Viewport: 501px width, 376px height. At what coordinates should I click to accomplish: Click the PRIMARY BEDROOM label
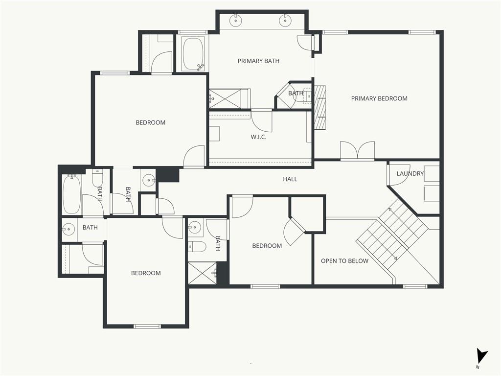(x=379, y=98)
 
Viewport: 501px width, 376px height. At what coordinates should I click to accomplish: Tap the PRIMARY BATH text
(x=258, y=61)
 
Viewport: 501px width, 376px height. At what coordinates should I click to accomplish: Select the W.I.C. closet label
(x=258, y=137)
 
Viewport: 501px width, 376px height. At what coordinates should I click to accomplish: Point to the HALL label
(x=290, y=179)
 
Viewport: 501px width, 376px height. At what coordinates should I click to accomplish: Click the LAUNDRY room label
(x=410, y=174)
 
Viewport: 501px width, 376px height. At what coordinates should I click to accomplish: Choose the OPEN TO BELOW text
(x=345, y=261)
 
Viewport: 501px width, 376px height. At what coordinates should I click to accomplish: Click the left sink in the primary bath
(x=235, y=21)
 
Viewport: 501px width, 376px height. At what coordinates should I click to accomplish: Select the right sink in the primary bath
(x=285, y=21)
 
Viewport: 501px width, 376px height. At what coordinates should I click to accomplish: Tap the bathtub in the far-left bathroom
(x=71, y=194)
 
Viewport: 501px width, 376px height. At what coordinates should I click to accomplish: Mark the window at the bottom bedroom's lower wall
(x=147, y=326)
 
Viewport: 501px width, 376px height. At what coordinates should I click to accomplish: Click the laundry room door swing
(x=398, y=175)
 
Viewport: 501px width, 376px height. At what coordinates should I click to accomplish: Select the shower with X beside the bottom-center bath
(x=203, y=273)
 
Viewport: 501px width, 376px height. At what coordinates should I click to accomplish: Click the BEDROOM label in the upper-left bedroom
(x=151, y=122)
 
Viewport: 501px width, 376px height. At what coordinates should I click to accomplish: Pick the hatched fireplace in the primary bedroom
(x=320, y=107)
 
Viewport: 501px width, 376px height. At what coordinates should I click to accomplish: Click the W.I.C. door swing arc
(x=261, y=120)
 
